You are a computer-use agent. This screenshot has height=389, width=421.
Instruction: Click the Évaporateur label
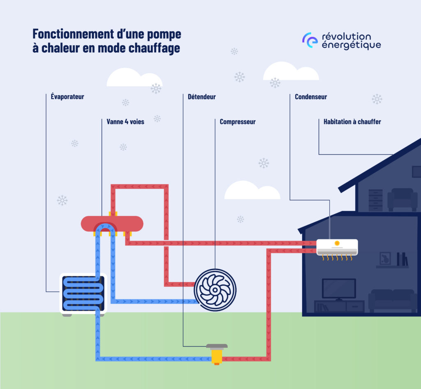65,97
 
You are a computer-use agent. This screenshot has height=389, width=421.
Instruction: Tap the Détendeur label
201,97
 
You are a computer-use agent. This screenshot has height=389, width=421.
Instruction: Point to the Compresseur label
237,122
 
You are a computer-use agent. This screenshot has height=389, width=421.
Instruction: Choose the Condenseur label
311,97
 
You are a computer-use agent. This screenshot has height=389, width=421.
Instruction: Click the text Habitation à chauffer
352,122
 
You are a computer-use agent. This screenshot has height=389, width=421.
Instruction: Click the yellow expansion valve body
217,356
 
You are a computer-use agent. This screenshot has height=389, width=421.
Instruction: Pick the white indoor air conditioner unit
337,247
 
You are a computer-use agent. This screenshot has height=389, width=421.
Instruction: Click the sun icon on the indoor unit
337,243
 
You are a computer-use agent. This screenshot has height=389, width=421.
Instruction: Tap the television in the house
339,289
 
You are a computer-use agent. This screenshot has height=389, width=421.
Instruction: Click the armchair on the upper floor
402,199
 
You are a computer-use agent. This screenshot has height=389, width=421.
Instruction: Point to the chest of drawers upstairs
375,200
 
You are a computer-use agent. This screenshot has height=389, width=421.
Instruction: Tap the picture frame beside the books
385,258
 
